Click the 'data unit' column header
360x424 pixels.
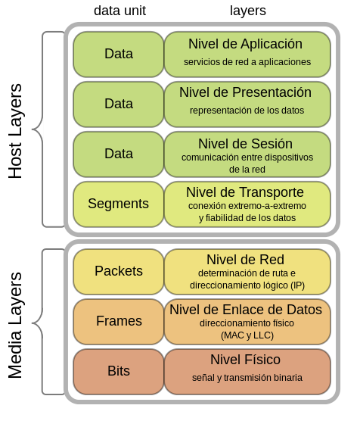point(119,11)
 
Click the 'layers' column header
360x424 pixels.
point(247,11)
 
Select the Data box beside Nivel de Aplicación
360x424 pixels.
point(119,54)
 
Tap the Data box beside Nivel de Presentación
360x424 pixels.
point(119,104)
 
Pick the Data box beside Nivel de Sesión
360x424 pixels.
point(119,154)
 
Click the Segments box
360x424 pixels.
point(119,204)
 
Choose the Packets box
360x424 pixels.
point(119,271)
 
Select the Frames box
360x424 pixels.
point(119,321)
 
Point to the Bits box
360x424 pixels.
point(119,371)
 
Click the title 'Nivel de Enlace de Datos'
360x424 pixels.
point(246,310)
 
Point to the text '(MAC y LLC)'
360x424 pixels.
point(247,335)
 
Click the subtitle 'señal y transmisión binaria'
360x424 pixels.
point(247,377)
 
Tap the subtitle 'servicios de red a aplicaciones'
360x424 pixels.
point(247,61)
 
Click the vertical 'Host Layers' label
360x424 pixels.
point(16,131)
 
